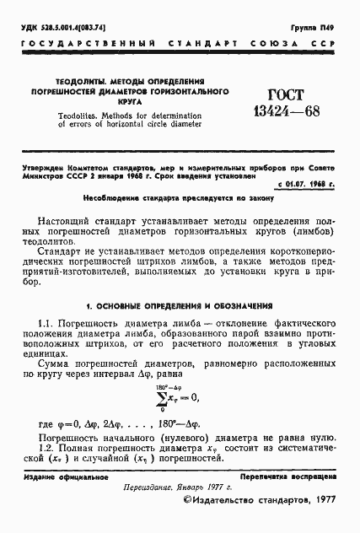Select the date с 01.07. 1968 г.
click(x=305, y=182)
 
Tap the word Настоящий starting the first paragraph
click(x=72, y=220)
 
